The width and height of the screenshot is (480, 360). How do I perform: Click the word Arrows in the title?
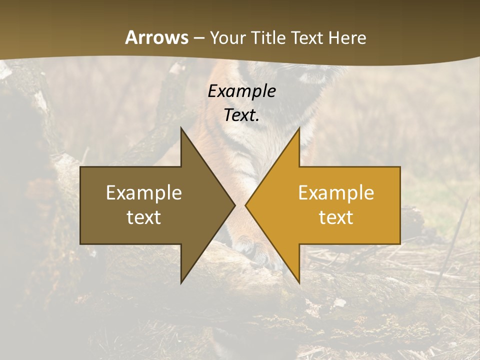(157, 37)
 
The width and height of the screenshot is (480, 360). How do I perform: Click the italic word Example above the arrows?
(241, 91)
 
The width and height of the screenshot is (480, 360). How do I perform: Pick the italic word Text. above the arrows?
(241, 115)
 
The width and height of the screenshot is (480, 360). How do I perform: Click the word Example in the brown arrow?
(144, 192)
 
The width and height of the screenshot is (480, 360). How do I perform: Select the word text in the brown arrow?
(144, 217)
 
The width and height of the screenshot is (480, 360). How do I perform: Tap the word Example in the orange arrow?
(336, 192)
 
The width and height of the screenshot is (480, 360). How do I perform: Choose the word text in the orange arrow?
(336, 217)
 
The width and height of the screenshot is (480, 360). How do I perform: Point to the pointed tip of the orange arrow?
(246, 205)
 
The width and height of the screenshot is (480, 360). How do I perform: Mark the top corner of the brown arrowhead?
(181, 128)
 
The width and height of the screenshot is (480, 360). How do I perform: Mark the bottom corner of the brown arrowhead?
(181, 282)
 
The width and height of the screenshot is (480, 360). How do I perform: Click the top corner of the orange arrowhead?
(299, 128)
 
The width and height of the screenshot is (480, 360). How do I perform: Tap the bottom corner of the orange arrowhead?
(299, 282)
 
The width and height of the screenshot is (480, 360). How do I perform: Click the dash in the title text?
(199, 38)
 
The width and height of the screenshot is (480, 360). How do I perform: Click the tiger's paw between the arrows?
(260, 250)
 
